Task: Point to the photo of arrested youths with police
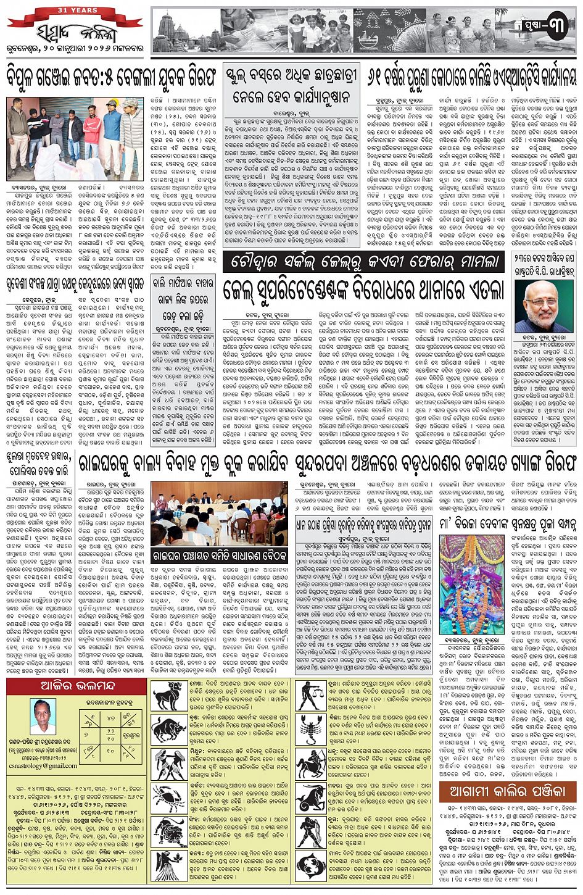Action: point(75,138)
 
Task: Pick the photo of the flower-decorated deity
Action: point(463,576)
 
